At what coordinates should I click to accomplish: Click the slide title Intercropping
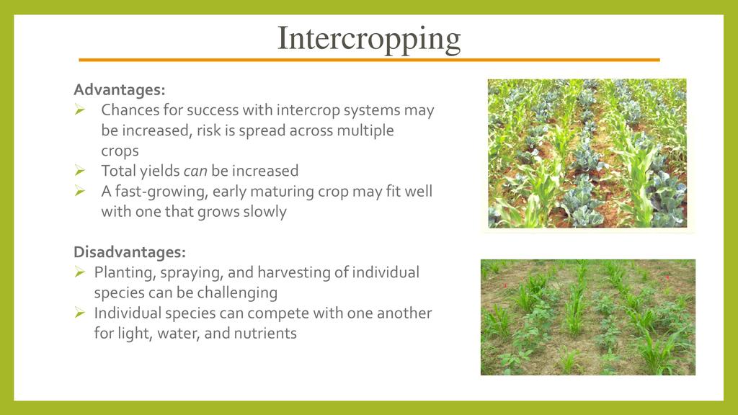coord(369,39)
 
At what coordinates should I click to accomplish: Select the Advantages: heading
coord(120,89)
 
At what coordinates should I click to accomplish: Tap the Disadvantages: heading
coord(130,252)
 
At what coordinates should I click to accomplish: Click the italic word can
coord(195,171)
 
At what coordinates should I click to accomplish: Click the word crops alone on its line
coord(120,151)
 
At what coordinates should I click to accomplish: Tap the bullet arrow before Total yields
coord(79,170)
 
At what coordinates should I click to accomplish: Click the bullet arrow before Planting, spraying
coord(79,272)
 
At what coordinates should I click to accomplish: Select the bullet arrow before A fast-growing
coord(79,190)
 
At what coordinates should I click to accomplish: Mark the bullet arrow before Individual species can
coord(79,313)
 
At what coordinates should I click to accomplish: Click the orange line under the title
coord(369,60)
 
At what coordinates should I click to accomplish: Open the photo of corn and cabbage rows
coord(587,153)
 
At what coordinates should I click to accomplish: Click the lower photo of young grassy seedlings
coord(588,317)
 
